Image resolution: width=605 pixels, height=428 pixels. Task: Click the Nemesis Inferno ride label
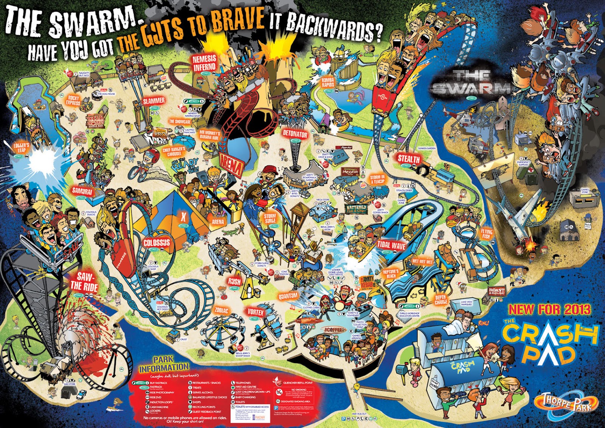point(204,63)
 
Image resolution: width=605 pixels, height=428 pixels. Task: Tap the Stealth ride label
point(408,159)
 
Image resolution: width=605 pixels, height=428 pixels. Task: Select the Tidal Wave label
point(391,246)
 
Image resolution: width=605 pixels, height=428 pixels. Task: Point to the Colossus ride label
point(157,242)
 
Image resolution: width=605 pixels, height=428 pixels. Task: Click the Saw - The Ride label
point(84,282)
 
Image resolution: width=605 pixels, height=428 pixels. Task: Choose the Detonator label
point(295,134)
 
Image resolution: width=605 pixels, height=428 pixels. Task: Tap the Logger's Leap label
point(21,148)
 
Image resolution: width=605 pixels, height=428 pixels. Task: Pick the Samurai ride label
point(82,191)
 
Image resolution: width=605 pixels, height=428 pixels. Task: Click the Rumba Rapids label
point(327,82)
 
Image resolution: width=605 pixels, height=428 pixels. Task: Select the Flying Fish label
point(487,234)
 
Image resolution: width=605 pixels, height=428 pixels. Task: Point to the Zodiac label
point(222,310)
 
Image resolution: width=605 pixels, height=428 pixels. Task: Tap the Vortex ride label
point(256,312)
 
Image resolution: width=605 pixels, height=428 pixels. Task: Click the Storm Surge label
point(270,219)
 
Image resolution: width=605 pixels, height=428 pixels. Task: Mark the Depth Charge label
point(441,300)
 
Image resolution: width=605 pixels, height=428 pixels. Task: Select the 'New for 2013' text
point(549,310)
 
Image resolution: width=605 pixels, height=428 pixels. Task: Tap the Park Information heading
point(164,364)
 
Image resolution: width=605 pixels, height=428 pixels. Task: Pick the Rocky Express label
point(73,101)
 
